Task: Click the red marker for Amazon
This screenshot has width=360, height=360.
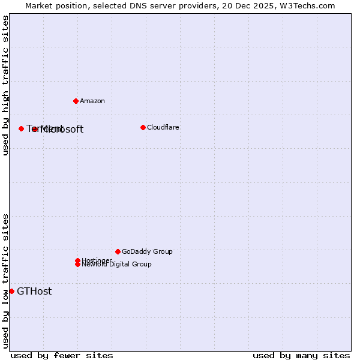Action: click(x=76, y=101)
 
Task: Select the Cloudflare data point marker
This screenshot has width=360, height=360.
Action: click(x=143, y=127)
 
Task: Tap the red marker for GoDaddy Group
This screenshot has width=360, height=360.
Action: click(x=118, y=251)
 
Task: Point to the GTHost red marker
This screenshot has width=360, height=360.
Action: click(x=11, y=291)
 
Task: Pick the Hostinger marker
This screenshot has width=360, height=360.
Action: click(x=77, y=260)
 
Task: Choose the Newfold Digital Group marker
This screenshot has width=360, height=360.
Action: click(x=77, y=264)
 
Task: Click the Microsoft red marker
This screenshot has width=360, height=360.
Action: click(x=35, y=129)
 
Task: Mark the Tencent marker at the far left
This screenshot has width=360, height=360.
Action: click(x=21, y=128)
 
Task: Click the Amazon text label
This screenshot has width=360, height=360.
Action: click(x=92, y=101)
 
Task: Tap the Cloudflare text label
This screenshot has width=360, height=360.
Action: click(x=163, y=127)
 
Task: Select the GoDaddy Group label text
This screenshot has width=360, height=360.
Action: click(x=147, y=251)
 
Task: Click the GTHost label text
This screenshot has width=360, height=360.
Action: click(x=34, y=292)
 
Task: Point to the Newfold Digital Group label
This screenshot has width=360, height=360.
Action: click(x=116, y=265)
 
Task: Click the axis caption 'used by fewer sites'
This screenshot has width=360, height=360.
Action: click(x=62, y=355)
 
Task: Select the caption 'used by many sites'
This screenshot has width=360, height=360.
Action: click(x=301, y=355)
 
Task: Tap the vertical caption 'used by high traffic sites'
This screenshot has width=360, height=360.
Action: click(x=6, y=85)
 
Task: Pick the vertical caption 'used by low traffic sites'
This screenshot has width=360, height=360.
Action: click(x=6, y=280)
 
